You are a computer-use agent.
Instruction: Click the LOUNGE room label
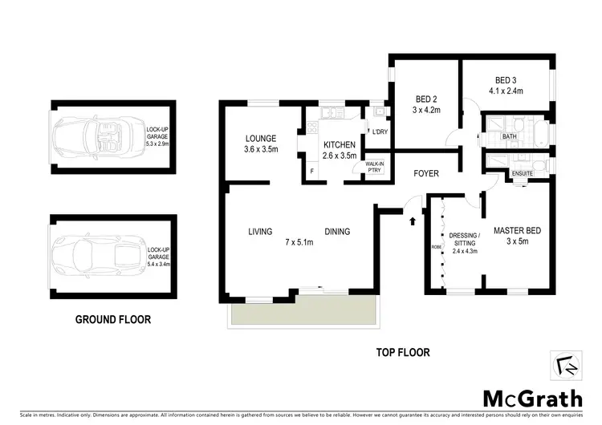(x=261, y=138)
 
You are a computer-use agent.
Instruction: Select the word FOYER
(x=425, y=173)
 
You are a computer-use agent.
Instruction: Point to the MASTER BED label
(x=517, y=231)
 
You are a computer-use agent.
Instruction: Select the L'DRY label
(x=376, y=132)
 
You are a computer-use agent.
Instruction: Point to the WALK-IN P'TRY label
(x=374, y=168)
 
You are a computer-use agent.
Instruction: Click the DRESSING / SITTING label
(x=466, y=239)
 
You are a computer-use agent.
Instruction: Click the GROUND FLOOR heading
(x=113, y=319)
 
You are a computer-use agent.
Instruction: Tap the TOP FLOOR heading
(x=403, y=351)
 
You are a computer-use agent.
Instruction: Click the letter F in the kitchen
(x=311, y=170)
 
